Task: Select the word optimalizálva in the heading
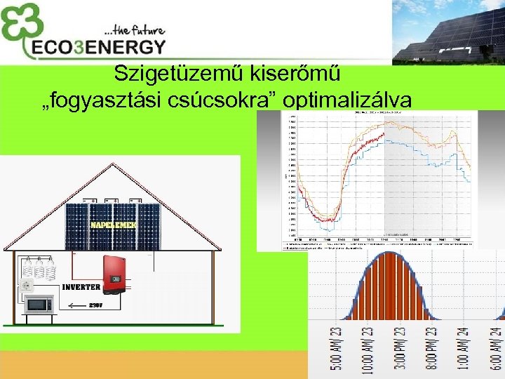pos(347,101)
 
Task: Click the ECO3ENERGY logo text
pos(96,46)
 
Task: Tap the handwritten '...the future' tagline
pos(134,29)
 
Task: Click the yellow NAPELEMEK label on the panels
pos(115,225)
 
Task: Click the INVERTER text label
pos(81,288)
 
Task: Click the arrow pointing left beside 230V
pos(74,305)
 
